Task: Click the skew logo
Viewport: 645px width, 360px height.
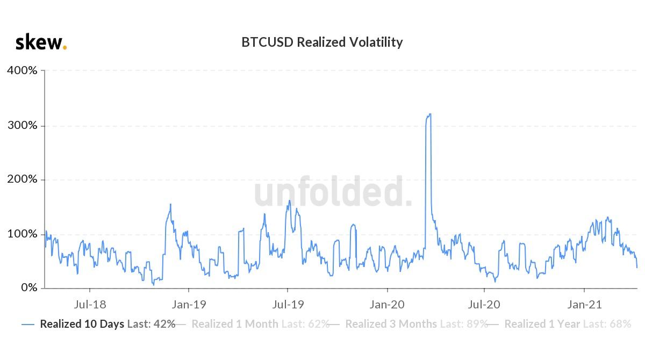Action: pyautogui.click(x=40, y=42)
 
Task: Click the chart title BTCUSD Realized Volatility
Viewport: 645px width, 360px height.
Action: pyautogui.click(x=322, y=42)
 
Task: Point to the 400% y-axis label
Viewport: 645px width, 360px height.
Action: pyautogui.click(x=22, y=70)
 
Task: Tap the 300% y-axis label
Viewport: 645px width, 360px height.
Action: pyautogui.click(x=22, y=125)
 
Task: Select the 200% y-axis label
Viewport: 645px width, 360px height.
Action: pyautogui.click(x=22, y=179)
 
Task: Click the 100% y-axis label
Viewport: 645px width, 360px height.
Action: pyautogui.click(x=22, y=234)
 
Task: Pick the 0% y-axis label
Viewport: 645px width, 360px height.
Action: pyautogui.click(x=28, y=289)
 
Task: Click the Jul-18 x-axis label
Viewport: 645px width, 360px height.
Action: pyautogui.click(x=89, y=305)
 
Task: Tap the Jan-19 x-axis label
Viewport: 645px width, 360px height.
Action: pyautogui.click(x=189, y=305)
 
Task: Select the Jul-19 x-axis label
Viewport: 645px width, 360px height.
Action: pyautogui.click(x=288, y=305)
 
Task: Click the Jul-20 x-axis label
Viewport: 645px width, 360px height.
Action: pyautogui.click(x=484, y=305)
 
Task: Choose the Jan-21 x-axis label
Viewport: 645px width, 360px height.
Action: pyautogui.click(x=585, y=305)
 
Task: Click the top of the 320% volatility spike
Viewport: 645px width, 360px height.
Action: pyautogui.click(x=429, y=114)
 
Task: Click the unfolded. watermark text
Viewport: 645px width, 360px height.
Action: pyautogui.click(x=333, y=192)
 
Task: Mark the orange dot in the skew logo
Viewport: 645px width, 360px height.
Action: pyautogui.click(x=65, y=47)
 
